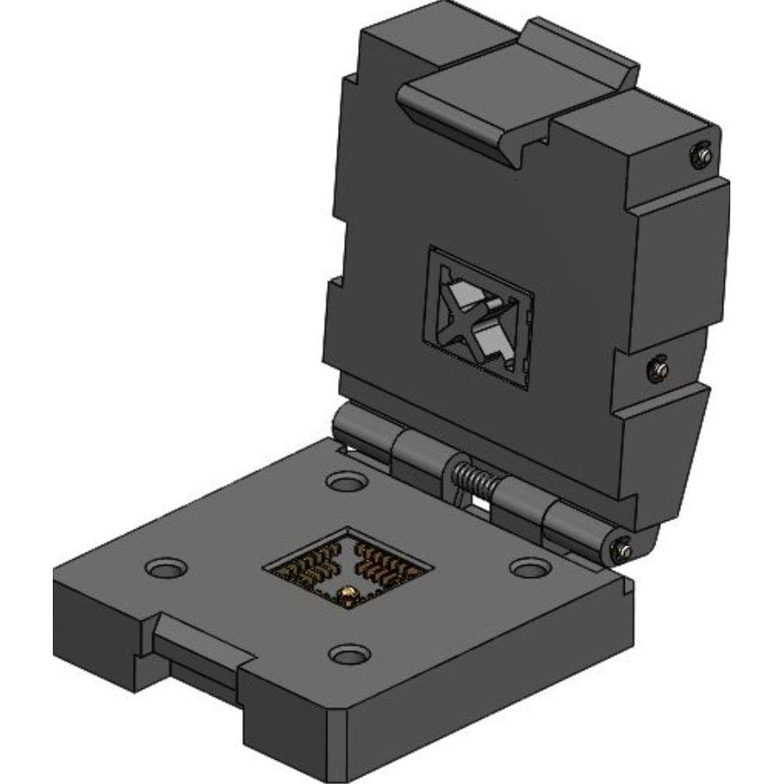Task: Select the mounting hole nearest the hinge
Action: [346, 481]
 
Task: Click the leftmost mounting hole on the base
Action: [165, 568]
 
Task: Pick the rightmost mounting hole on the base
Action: [530, 568]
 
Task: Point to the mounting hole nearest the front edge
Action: [350, 655]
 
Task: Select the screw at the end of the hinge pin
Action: [622, 549]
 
